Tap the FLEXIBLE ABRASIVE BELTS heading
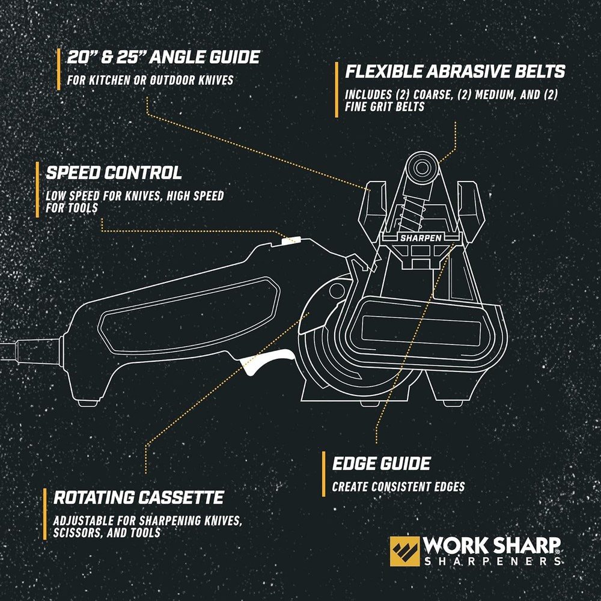455,72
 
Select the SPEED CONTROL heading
114,173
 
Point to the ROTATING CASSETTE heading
138,498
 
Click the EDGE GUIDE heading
381,463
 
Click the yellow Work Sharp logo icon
404,551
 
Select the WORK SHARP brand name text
492,546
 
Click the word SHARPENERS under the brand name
492,561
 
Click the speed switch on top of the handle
290,240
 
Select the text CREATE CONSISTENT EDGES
399,487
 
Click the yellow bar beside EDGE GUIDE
324,472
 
